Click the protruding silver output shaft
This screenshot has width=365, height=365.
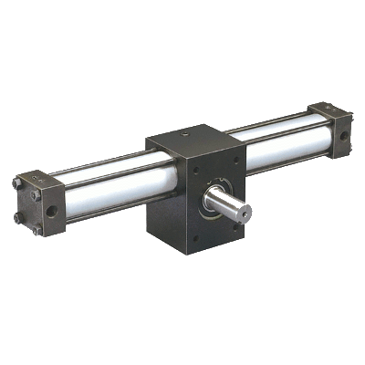pos(230,202)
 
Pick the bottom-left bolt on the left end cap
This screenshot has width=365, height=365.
pos(19,217)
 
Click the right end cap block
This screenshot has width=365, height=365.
pos(328,128)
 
